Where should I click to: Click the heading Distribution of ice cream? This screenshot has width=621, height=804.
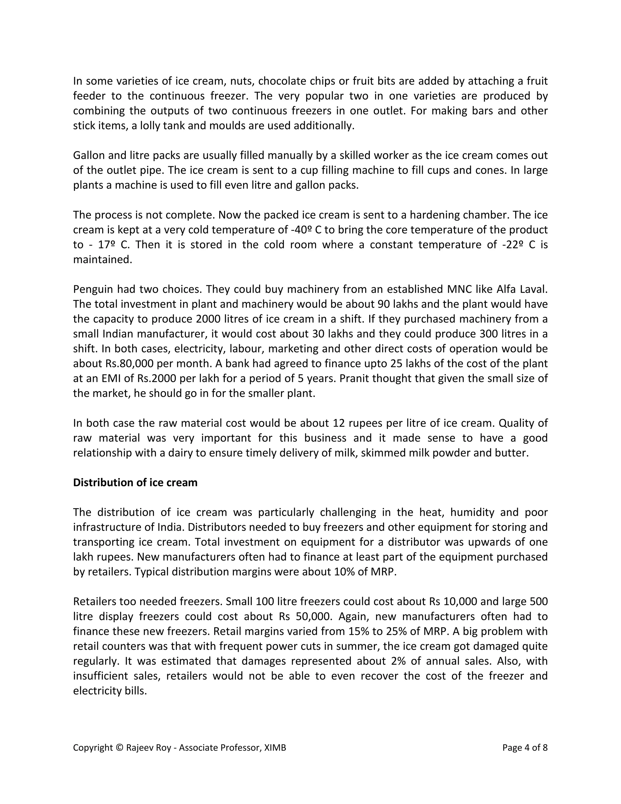[x=135, y=482]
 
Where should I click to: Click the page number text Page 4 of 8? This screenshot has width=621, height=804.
[x=525, y=747]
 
